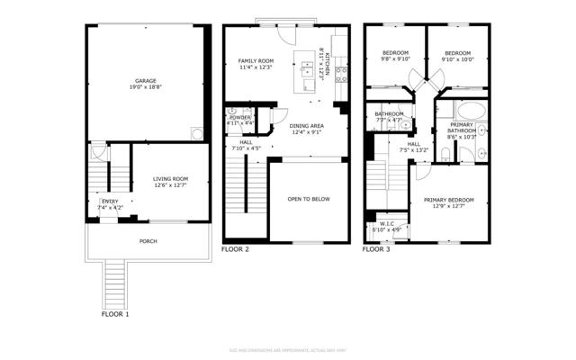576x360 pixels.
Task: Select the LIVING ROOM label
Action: [169, 179]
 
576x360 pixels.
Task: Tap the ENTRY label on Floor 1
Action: [110, 202]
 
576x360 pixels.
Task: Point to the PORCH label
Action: [148, 241]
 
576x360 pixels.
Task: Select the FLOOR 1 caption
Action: [115, 315]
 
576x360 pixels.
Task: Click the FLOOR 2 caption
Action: [236, 249]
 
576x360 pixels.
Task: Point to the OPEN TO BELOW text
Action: [308, 198]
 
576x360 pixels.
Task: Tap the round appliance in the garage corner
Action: [196, 133]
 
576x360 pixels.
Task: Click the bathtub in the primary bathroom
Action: [473, 111]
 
